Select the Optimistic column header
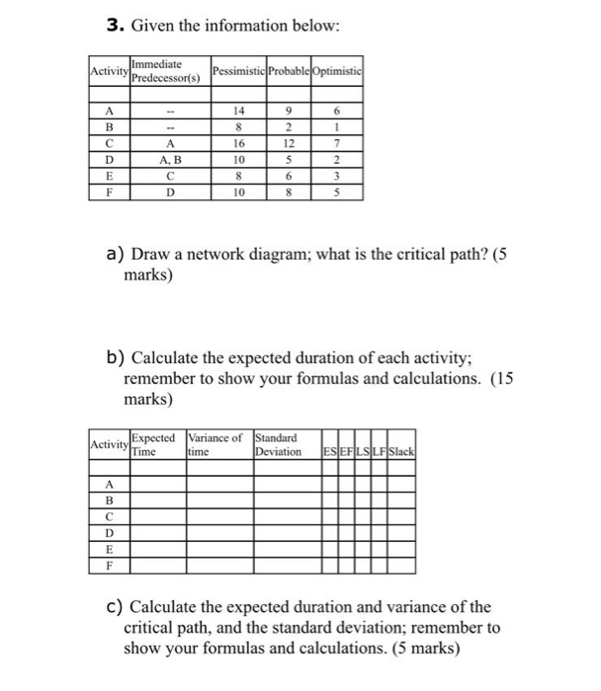pyautogui.click(x=336, y=70)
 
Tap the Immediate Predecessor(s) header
pyautogui.click(x=165, y=70)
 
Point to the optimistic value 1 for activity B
pyautogui.click(x=337, y=126)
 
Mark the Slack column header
pyautogui.click(x=400, y=453)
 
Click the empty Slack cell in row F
pyautogui.click(x=400, y=570)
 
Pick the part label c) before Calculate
pyautogui.click(x=113, y=607)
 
